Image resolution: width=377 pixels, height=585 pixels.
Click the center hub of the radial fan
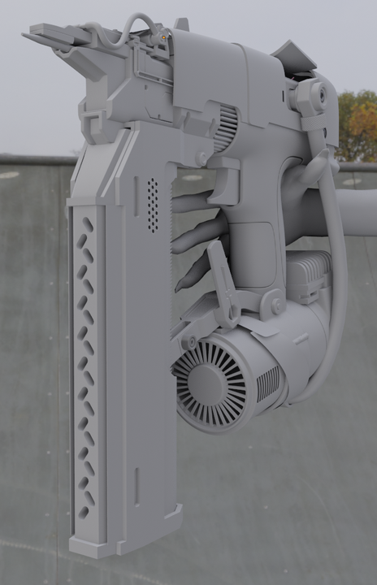[x=210, y=381]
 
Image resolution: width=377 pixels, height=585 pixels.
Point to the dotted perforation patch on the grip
[x=152, y=206]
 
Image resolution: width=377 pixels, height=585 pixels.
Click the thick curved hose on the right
[x=334, y=268]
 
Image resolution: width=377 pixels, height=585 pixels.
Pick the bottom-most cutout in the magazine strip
[x=84, y=512]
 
